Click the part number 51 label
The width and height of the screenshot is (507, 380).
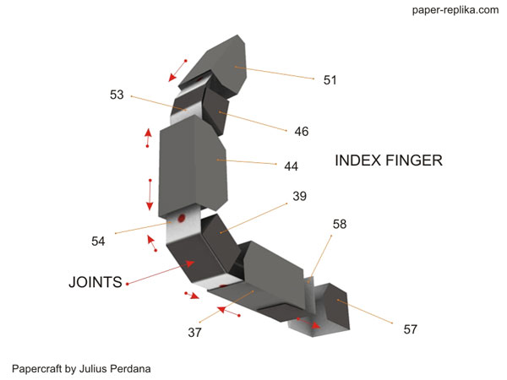(x=330, y=80)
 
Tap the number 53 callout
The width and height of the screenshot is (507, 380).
(x=117, y=95)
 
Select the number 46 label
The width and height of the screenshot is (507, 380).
(x=302, y=132)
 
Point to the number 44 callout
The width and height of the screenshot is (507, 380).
(x=291, y=166)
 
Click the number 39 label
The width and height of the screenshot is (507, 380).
(x=299, y=197)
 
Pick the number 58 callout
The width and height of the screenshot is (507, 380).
(x=340, y=225)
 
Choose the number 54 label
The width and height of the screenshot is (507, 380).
(x=98, y=242)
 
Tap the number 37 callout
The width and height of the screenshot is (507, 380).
(x=195, y=332)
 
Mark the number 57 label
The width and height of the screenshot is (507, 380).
(x=410, y=329)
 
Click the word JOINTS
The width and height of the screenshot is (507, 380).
(x=95, y=282)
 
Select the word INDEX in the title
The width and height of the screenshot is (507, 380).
(x=360, y=160)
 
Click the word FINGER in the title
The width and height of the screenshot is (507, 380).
(x=416, y=160)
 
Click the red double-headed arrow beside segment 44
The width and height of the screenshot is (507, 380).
(x=150, y=195)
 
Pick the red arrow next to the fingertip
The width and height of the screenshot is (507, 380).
(x=177, y=71)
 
